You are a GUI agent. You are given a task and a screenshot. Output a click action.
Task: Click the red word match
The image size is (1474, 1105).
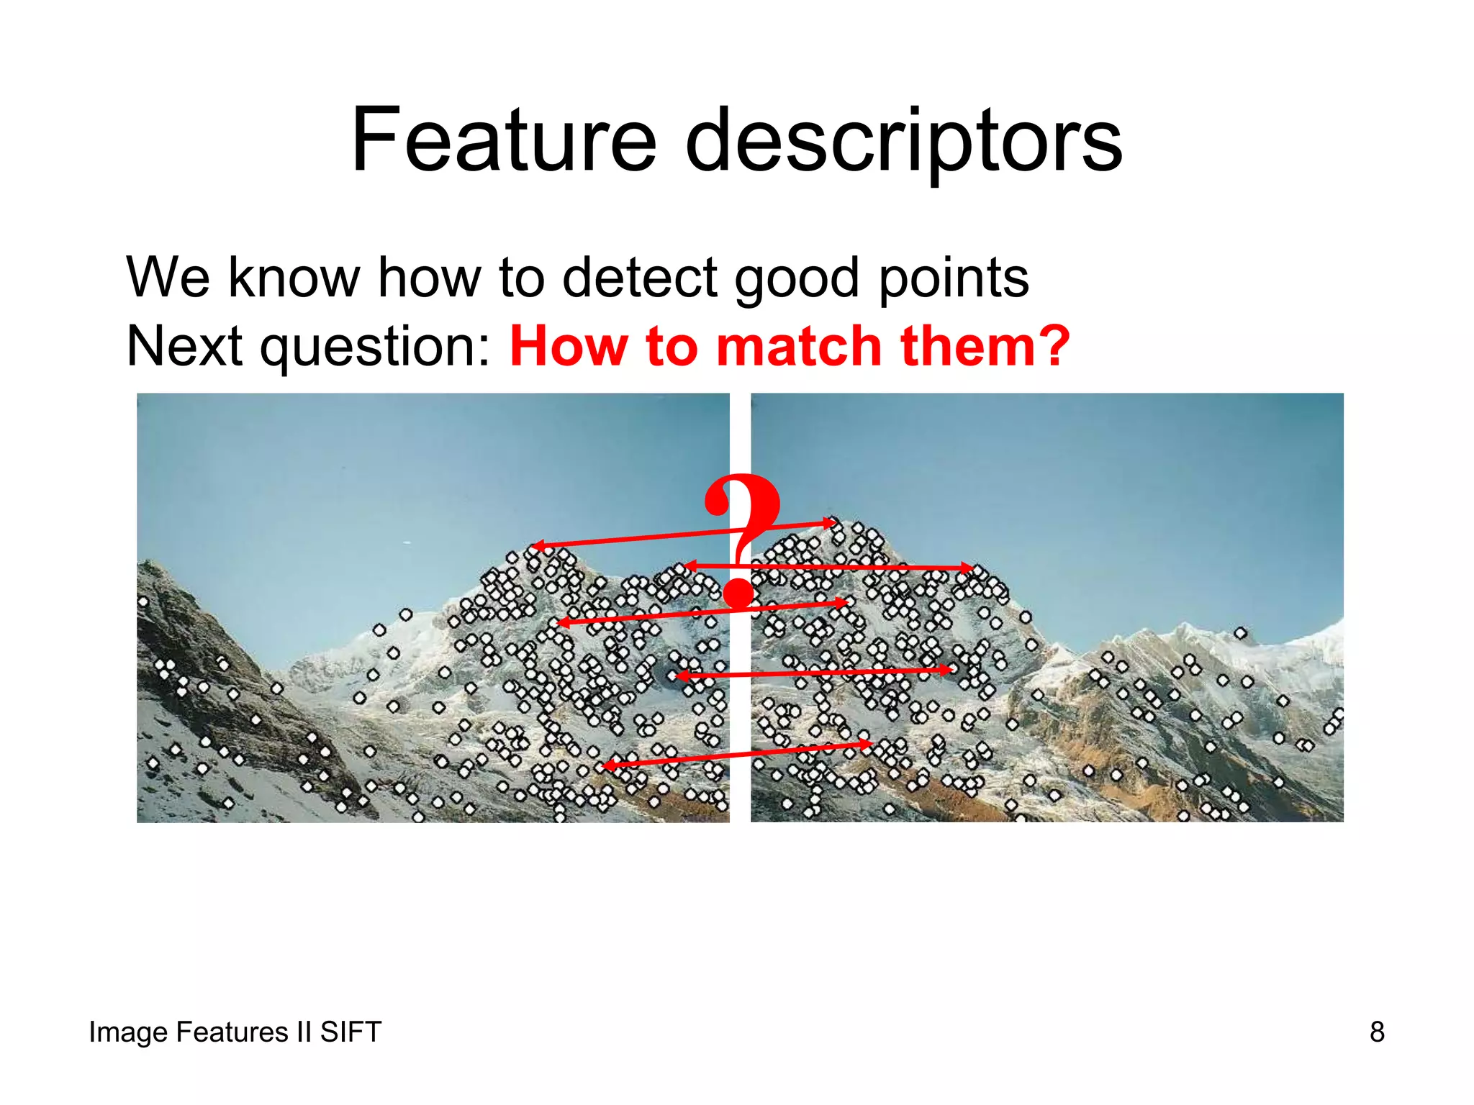click(x=800, y=346)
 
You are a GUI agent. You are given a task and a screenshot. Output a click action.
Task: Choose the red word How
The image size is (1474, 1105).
click(x=569, y=346)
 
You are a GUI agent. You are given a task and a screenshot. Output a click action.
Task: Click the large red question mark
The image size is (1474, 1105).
click(x=741, y=540)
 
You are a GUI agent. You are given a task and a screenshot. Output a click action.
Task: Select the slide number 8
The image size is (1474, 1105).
click(x=1377, y=1032)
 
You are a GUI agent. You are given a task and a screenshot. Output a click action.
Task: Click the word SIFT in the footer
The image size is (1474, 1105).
click(x=351, y=1032)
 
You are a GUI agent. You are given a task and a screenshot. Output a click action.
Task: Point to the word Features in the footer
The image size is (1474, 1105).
click(x=232, y=1032)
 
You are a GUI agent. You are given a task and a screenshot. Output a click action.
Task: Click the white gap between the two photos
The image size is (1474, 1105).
click(x=740, y=719)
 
